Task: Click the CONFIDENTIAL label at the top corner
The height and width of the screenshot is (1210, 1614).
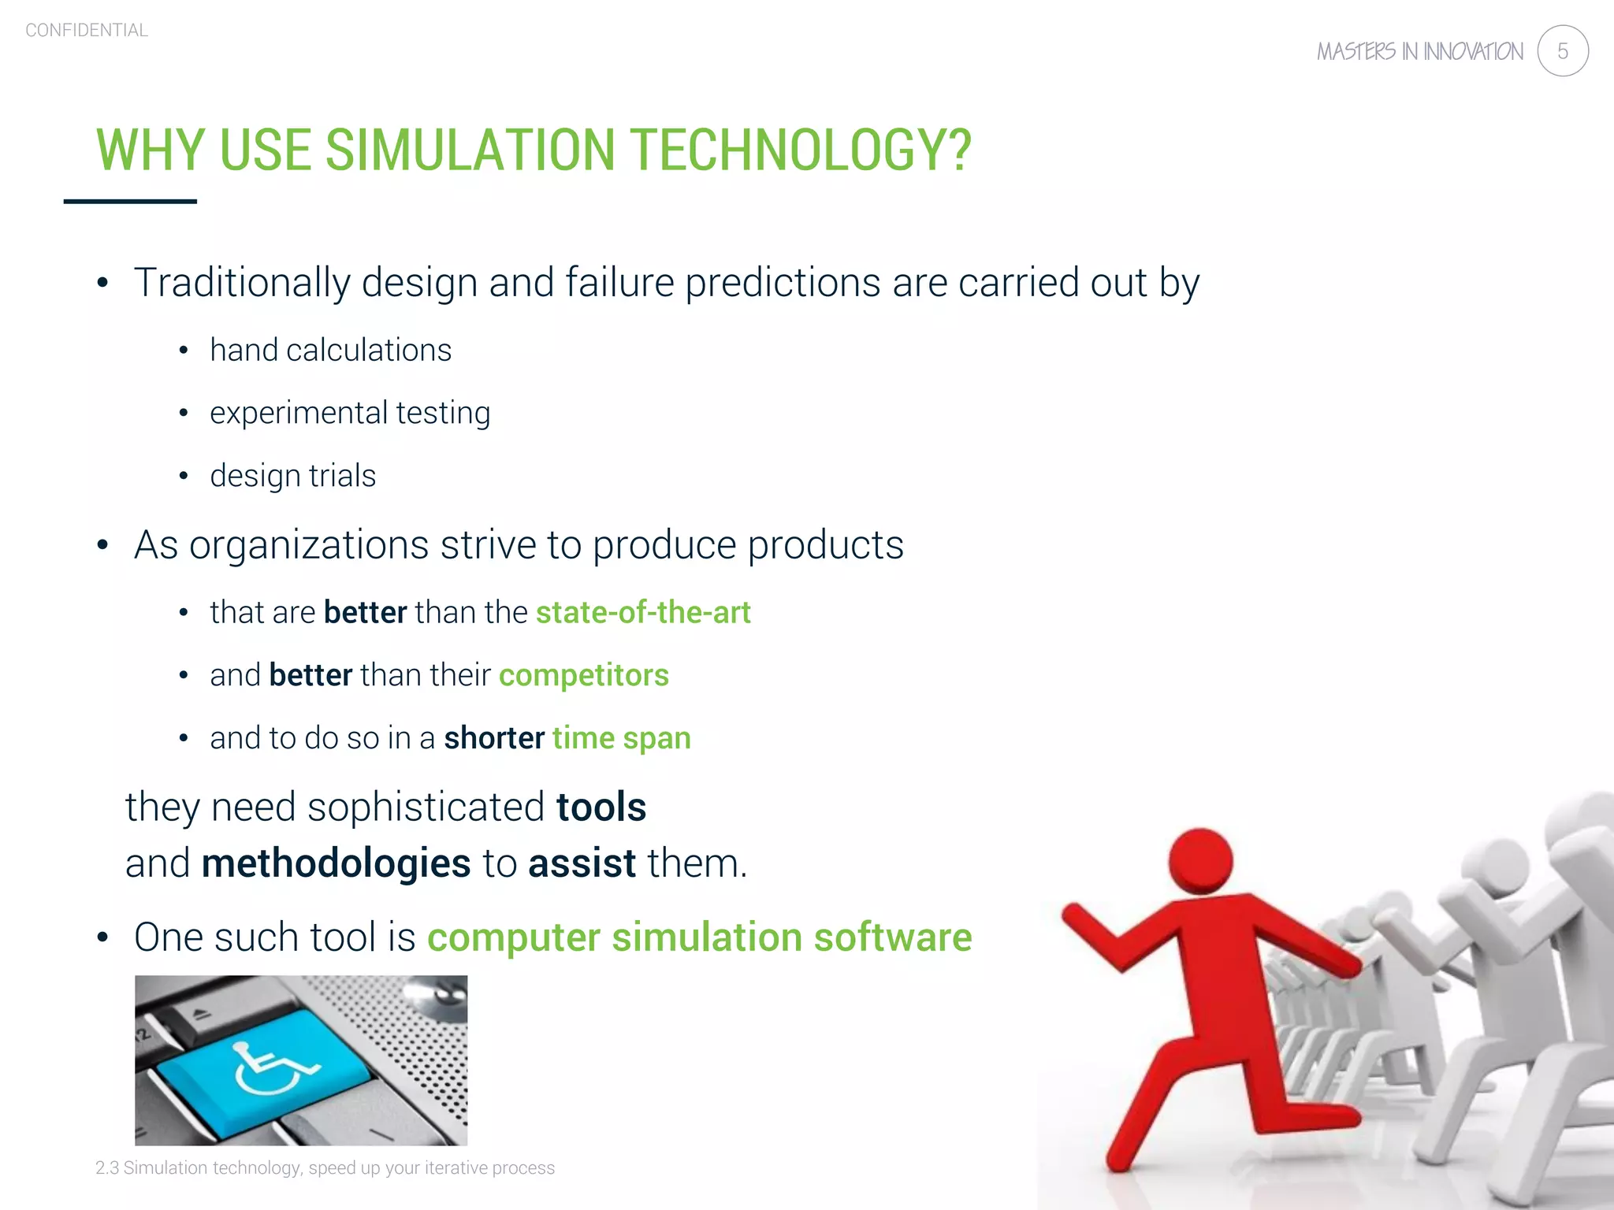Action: [87, 31]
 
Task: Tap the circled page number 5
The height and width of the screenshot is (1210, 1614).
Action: [1562, 51]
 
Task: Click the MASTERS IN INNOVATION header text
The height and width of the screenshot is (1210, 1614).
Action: [1419, 52]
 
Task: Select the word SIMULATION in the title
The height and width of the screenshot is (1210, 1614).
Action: [470, 150]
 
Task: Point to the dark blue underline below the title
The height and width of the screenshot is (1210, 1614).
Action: [130, 202]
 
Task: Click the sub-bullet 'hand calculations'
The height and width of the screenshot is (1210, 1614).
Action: [330, 350]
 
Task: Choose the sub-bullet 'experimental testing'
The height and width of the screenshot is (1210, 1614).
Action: [350, 413]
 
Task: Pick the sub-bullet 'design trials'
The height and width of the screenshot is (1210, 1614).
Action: [292, 476]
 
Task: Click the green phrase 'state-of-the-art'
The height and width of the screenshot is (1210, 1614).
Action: [643, 612]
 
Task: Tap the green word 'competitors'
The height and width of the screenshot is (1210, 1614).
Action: [583, 675]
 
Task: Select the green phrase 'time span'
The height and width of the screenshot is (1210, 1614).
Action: [621, 738]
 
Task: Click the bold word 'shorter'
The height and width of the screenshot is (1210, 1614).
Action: [494, 738]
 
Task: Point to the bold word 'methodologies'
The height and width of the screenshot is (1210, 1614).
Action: [336, 863]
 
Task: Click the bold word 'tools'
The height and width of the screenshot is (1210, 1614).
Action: [601, 807]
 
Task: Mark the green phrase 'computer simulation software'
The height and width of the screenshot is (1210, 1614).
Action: [699, 937]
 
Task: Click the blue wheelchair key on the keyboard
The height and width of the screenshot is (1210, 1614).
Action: [268, 1067]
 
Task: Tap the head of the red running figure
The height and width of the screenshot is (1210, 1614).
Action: [1200, 860]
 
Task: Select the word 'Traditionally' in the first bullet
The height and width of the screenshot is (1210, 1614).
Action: [241, 282]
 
